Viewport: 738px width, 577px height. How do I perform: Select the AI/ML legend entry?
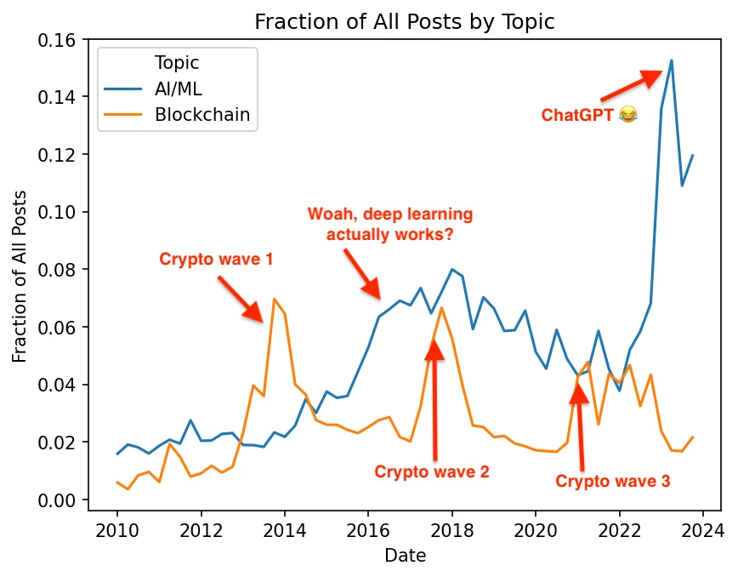click(x=183, y=89)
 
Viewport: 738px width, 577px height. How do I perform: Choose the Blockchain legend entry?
click(x=202, y=116)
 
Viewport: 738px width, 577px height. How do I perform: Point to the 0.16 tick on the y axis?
click(x=60, y=40)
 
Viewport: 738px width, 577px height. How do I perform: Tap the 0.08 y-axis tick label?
click(x=60, y=270)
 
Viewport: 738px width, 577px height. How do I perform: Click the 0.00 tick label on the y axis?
click(x=60, y=500)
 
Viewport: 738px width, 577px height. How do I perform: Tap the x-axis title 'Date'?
click(x=405, y=556)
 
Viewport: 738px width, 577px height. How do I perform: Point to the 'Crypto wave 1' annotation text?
click(x=216, y=259)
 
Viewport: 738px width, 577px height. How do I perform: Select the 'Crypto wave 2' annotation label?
click(x=432, y=471)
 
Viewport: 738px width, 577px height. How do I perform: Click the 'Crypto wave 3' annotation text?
click(x=613, y=482)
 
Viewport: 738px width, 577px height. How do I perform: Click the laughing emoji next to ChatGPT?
click(x=628, y=114)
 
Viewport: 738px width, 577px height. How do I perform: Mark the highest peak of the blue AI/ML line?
click(x=672, y=60)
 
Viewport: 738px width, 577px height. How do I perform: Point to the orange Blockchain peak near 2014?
click(x=274, y=299)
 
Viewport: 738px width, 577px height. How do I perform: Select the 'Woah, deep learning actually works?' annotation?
click(x=389, y=224)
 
